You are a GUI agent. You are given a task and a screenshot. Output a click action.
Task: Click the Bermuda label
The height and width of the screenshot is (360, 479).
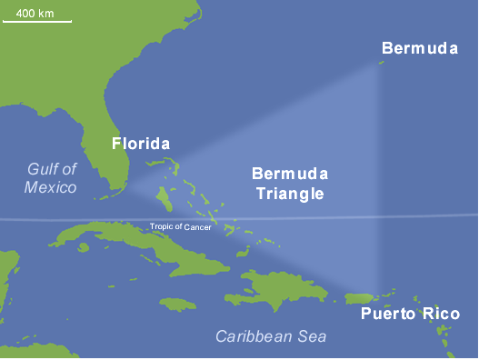[419, 48]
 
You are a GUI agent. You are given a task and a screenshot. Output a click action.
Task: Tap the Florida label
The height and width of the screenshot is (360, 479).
[140, 144]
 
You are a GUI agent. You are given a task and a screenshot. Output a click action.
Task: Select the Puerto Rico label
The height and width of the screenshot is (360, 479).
[410, 315]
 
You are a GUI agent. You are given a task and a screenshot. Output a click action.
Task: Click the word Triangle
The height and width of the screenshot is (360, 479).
[290, 193]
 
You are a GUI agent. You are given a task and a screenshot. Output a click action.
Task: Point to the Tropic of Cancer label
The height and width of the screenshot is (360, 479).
[181, 226]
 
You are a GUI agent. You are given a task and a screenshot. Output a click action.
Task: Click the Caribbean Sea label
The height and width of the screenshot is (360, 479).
[271, 336]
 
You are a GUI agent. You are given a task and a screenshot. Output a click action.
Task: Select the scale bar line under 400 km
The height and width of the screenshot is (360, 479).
[37, 19]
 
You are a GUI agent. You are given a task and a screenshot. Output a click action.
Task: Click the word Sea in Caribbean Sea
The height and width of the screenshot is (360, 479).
[313, 336]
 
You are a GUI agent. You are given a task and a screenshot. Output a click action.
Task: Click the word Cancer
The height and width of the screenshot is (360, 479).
[199, 226]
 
